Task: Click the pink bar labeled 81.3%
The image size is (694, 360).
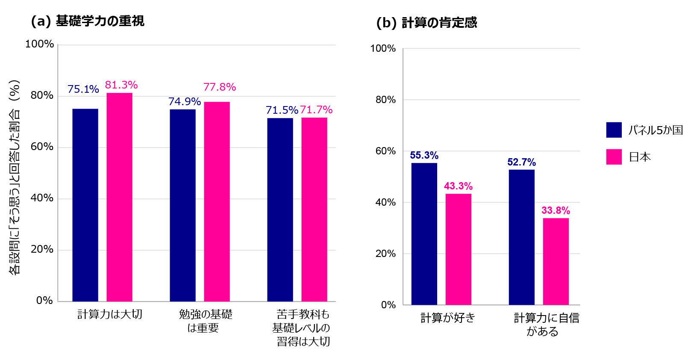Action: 119,197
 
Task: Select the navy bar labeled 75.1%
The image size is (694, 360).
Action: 85,205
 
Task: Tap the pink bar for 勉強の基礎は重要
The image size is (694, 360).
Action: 217,201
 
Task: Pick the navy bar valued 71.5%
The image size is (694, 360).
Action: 280,210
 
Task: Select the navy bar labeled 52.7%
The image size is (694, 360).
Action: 521,237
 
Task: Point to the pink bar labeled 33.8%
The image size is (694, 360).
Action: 556,261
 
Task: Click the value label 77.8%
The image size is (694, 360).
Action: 220,87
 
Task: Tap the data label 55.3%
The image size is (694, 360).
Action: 424,155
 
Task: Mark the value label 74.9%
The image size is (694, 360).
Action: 184,102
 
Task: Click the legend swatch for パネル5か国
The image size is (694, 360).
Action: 614,130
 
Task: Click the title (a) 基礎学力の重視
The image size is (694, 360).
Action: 88,21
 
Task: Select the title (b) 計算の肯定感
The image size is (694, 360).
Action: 426,23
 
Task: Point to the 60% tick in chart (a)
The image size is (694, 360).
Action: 42,147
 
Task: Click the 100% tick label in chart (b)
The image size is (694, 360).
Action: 383,49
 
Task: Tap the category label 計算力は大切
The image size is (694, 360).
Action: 109,315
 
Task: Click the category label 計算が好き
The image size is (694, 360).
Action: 447,318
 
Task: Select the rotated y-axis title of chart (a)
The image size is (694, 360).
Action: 15,177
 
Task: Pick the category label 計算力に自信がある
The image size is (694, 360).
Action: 546,325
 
